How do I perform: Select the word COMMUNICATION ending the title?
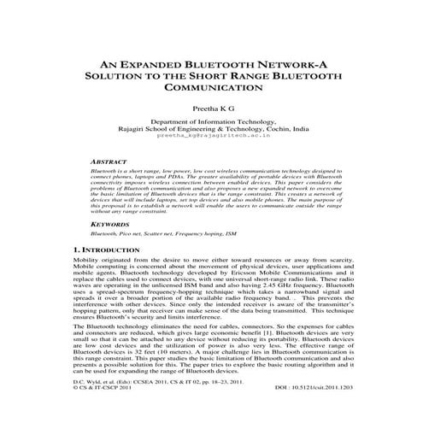(x=211, y=87)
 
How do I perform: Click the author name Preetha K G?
(x=211, y=109)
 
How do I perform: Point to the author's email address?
(x=211, y=134)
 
